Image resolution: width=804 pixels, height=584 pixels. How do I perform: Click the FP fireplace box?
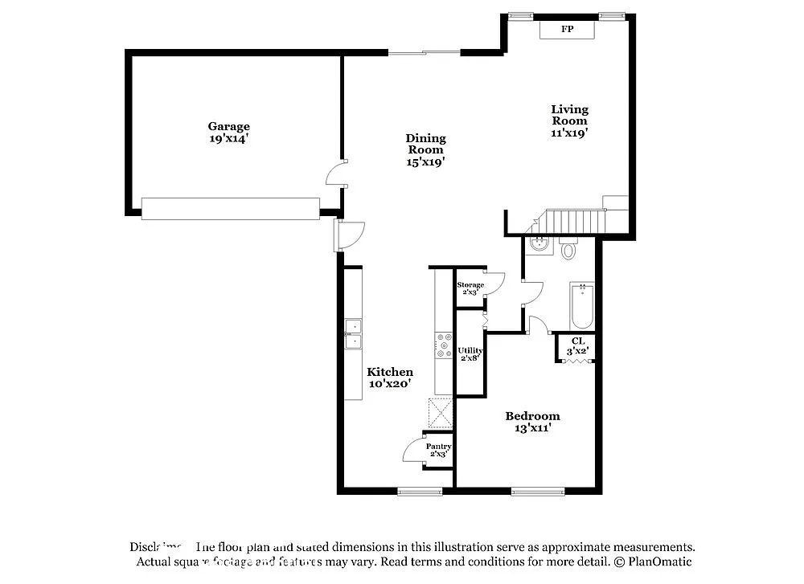coord(567,30)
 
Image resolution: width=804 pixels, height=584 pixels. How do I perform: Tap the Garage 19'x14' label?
coord(229,132)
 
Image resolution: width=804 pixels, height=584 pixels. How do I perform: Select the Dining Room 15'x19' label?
coord(425,149)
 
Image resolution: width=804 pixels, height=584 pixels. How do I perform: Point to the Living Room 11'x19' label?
coord(569,121)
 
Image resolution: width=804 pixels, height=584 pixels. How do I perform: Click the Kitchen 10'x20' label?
coord(390,378)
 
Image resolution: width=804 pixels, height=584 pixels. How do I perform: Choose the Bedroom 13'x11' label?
coord(532,422)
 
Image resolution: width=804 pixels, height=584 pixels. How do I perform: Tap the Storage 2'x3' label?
coord(470,288)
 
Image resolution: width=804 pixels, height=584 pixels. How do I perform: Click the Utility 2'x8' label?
coord(470,354)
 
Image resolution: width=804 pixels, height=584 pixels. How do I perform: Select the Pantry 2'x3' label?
coord(438,450)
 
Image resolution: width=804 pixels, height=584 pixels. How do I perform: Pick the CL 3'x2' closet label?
coord(578,345)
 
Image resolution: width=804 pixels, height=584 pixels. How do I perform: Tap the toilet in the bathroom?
coord(568,250)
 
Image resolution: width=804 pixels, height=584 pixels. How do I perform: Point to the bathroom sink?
coord(538,244)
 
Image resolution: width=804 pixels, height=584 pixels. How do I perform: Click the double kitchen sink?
coord(353,334)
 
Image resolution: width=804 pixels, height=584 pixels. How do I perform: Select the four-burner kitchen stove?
coord(444,346)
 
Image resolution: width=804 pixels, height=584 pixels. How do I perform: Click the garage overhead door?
coord(231,208)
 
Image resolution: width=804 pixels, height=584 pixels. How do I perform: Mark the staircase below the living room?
coord(577,219)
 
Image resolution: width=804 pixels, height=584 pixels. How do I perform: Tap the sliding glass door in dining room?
coord(425,53)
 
